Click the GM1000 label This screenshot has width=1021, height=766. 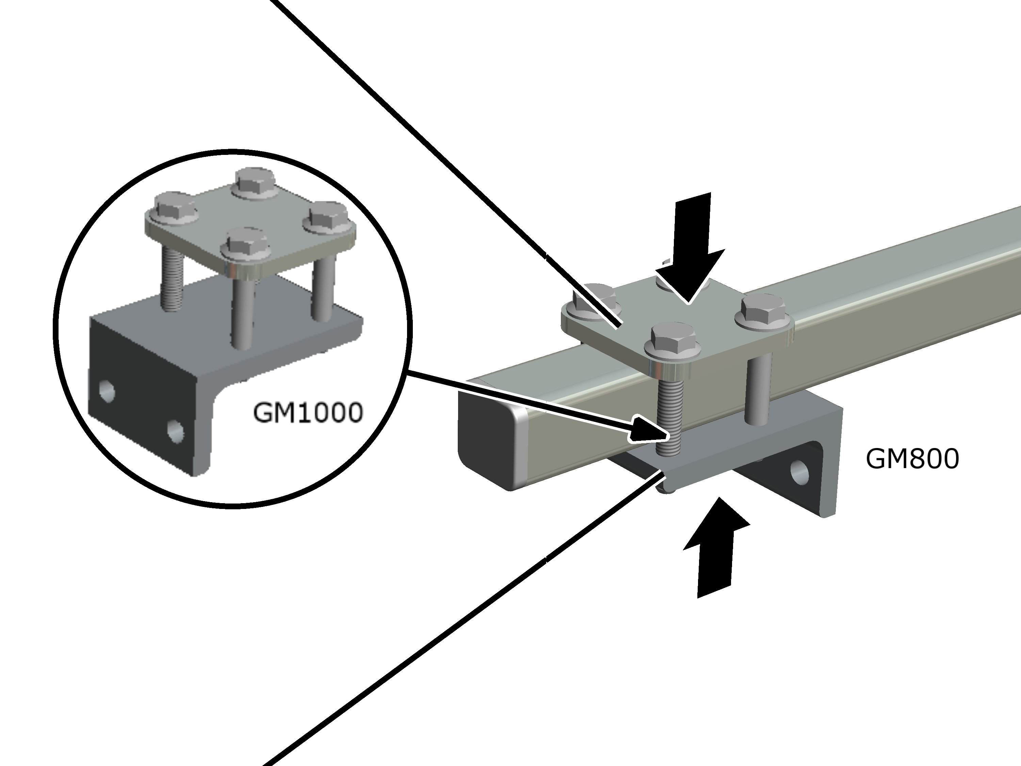pos(308,413)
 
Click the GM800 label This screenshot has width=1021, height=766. pos(912,459)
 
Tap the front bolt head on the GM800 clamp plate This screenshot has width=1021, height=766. pos(673,342)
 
